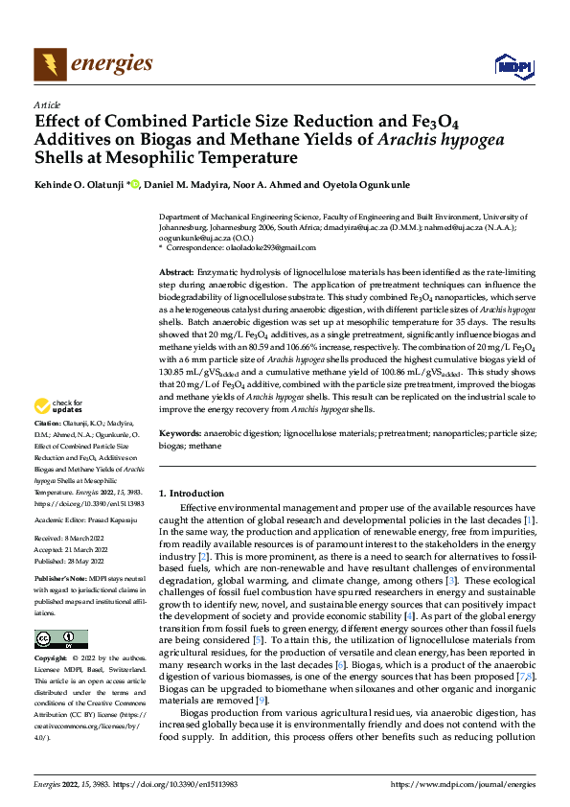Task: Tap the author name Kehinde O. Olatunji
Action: point(76,184)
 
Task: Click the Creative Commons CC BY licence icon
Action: point(60,639)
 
